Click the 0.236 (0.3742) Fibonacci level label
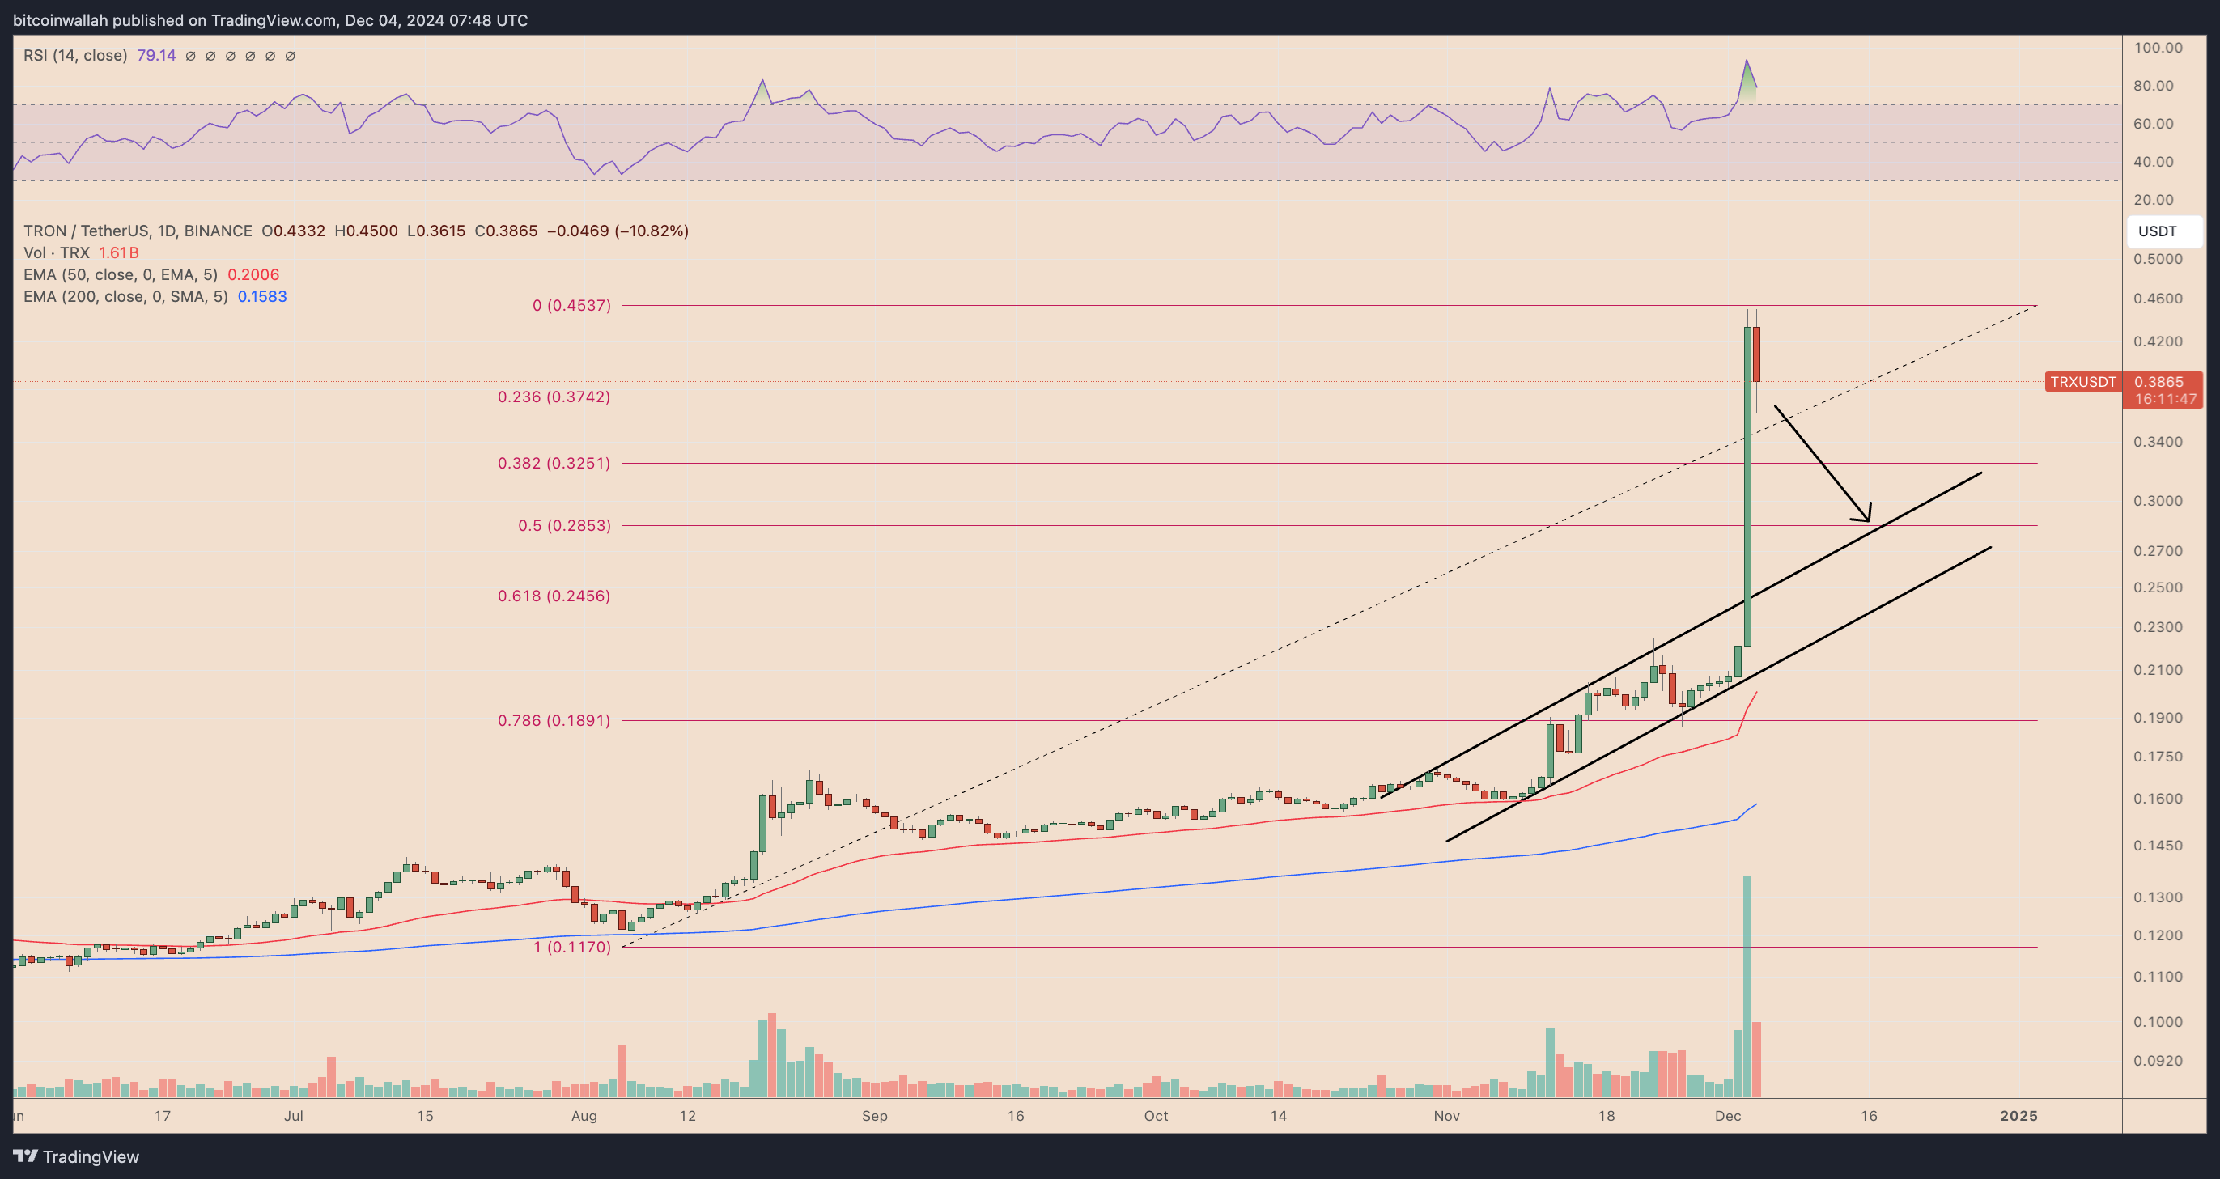554,397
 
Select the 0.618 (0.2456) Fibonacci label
554,596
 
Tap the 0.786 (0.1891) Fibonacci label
554,719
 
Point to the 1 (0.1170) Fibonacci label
571,946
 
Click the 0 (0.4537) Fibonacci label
571,305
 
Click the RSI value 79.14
156,55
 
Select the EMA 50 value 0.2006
253,274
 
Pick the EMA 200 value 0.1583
262,296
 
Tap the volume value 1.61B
119,252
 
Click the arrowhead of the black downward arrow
1866,517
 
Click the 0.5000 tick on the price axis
2158,259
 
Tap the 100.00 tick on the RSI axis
2158,48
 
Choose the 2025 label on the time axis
2018,1115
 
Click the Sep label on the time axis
874,1115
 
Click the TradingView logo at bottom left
76,1156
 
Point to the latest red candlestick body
1756,354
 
